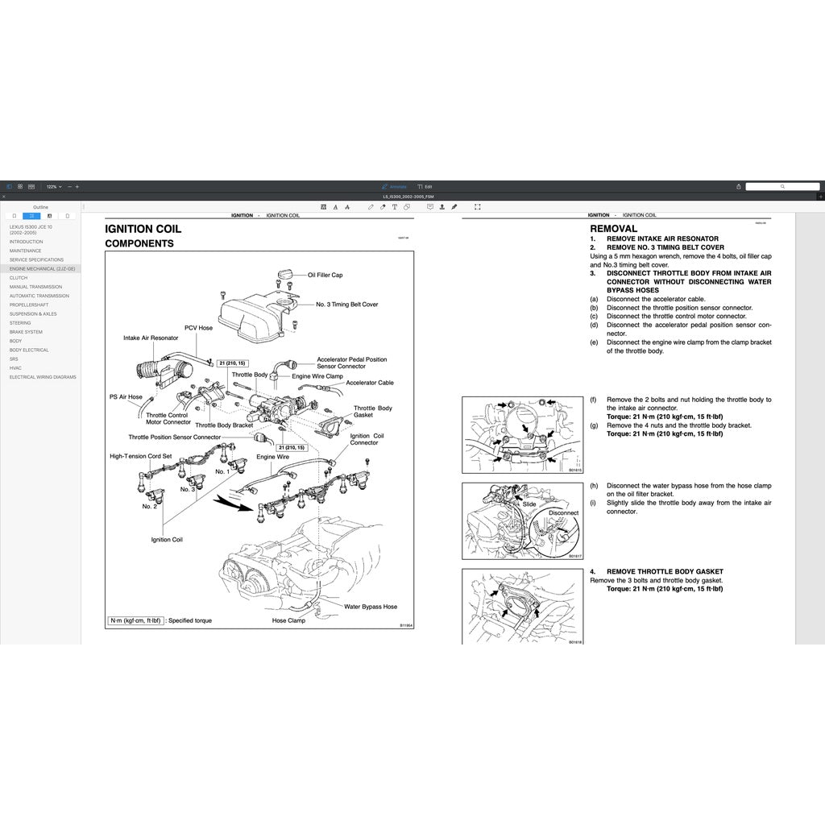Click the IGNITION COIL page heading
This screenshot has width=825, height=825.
click(x=143, y=229)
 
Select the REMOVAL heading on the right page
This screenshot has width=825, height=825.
click(x=613, y=229)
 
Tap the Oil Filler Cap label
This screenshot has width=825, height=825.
click(x=325, y=275)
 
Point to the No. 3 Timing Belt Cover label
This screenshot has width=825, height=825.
click(x=346, y=305)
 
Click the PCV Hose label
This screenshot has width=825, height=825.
click(x=198, y=328)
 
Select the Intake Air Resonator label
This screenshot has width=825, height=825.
click(x=151, y=338)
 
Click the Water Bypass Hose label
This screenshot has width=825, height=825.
click(x=371, y=607)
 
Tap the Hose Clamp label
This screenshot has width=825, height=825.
click(x=288, y=620)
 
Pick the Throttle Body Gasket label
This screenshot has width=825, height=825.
click(x=373, y=412)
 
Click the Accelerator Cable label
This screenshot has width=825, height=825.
click(x=370, y=383)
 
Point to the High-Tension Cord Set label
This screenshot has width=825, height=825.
click(x=140, y=456)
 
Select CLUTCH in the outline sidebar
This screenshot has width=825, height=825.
click(x=19, y=278)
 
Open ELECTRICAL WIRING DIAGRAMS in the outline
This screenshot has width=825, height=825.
click(x=43, y=377)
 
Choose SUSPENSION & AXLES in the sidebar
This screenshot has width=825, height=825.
click(x=33, y=314)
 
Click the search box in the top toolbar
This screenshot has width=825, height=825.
click(x=781, y=186)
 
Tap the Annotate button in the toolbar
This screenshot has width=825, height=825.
click(x=394, y=186)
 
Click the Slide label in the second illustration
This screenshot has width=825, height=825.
click(x=529, y=504)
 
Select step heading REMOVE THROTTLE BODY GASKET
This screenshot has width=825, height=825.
click(x=665, y=572)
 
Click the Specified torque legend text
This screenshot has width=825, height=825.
click(x=196, y=621)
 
